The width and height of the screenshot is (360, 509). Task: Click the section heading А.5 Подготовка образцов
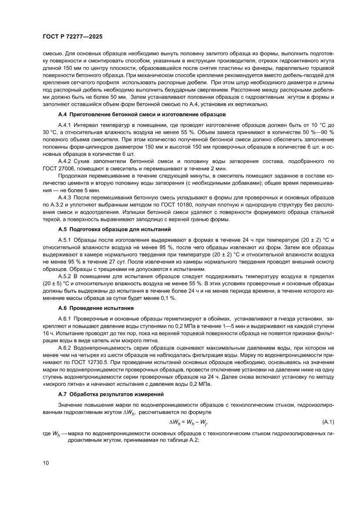(x=115, y=229)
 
